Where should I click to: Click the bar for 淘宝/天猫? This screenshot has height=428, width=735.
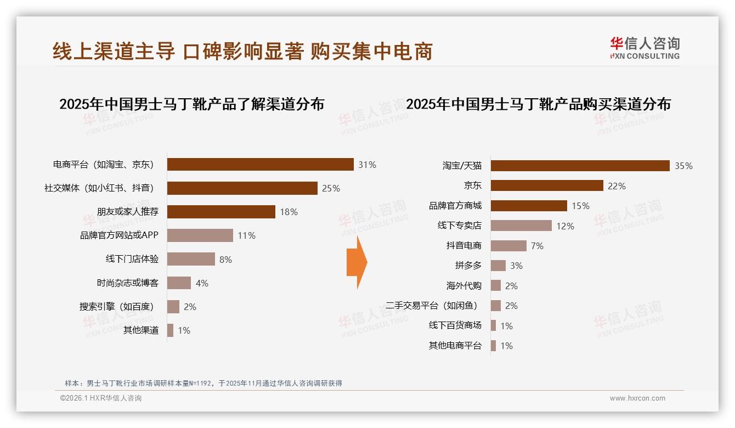pyautogui.click(x=580, y=166)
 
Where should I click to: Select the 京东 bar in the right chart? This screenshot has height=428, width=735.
pyautogui.click(x=547, y=185)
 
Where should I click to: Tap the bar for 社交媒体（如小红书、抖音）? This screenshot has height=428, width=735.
pyautogui.click(x=242, y=188)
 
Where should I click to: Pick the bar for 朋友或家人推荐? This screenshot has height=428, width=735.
pyautogui.click(x=221, y=212)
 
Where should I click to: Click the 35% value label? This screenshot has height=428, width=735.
pyautogui.click(x=683, y=166)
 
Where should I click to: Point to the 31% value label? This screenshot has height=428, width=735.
pyautogui.click(x=367, y=165)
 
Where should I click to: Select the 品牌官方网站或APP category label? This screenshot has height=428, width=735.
pyautogui.click(x=119, y=235)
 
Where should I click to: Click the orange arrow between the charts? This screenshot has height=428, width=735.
pyautogui.click(x=357, y=262)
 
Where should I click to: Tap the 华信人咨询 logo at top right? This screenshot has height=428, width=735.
pyautogui.click(x=644, y=48)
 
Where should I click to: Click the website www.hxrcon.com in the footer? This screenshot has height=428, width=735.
pyautogui.click(x=637, y=398)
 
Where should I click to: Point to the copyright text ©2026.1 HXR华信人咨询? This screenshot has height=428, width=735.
pyautogui.click(x=100, y=398)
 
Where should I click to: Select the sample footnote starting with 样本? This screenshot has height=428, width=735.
pyautogui.click(x=203, y=383)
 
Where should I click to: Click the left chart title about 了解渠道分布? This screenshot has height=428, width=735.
pyautogui.click(x=191, y=104)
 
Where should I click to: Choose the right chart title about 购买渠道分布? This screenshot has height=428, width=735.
pyautogui.click(x=538, y=104)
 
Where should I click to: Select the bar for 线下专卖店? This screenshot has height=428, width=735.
pyautogui.click(x=521, y=226)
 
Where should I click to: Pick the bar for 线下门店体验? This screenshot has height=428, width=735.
pyautogui.click(x=191, y=259)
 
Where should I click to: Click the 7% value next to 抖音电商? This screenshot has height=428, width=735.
pyautogui.click(x=537, y=246)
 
